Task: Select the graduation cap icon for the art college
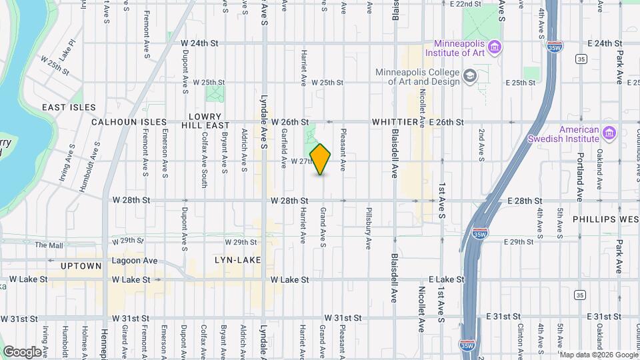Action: tap(470, 75)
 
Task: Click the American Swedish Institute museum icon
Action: tap(608, 132)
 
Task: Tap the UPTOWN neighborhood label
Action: tap(81, 266)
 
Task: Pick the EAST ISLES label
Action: tap(69, 107)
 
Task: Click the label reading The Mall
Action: tap(50, 245)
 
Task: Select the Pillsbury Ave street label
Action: tap(367, 229)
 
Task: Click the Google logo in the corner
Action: tap(22, 351)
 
